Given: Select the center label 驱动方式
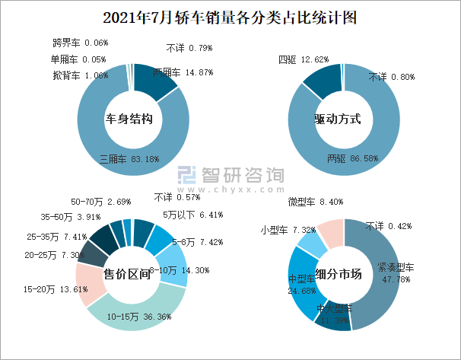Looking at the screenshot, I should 336,119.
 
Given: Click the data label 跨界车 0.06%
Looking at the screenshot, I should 79,43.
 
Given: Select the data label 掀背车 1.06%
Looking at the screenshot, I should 79,75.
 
